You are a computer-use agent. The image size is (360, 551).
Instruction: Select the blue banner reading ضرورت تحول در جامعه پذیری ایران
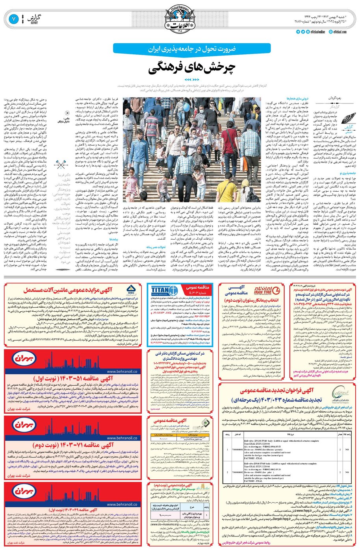coord(180,49)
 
